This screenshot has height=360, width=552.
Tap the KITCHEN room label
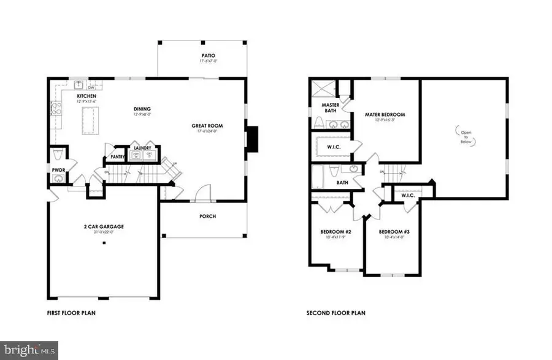pyautogui.click(x=85, y=96)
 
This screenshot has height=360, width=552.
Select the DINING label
pyautogui.click(x=142, y=110)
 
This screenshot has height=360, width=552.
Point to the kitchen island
pyautogui.click(x=90, y=119)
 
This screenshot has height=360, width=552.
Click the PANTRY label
pyautogui.click(x=118, y=157)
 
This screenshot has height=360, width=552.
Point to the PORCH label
pyautogui.click(x=208, y=216)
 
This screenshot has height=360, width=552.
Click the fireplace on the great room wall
pyautogui.click(x=252, y=136)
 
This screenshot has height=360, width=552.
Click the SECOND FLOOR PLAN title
pyautogui.click(x=335, y=313)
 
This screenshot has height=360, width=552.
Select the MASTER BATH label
pyautogui.click(x=331, y=108)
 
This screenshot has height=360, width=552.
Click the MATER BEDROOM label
pyautogui.click(x=385, y=114)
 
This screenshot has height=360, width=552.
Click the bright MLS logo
pyautogui.click(x=29, y=350)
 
